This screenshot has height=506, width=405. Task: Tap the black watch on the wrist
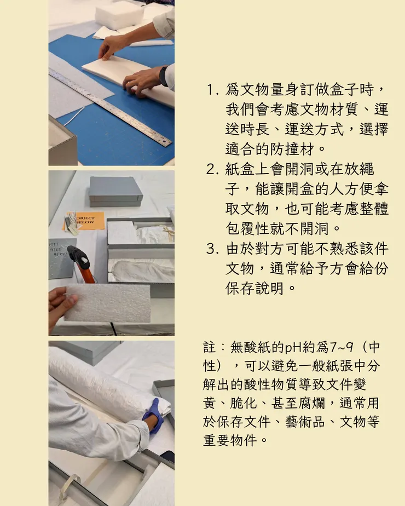click(164, 76)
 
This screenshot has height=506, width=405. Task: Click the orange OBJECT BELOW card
click(84, 221)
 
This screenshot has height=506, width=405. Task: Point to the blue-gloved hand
click(154, 416)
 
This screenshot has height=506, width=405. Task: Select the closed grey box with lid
click(115, 191)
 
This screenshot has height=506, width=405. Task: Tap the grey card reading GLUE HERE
click(62, 258)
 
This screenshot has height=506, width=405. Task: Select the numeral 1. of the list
click(212, 90)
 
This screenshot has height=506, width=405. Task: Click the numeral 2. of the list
click(212, 169)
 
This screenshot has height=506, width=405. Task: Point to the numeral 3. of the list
click(212, 249)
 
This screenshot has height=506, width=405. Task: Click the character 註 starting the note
click(210, 348)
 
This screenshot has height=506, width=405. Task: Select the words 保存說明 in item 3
click(254, 289)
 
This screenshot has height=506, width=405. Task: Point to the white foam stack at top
click(119, 15)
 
